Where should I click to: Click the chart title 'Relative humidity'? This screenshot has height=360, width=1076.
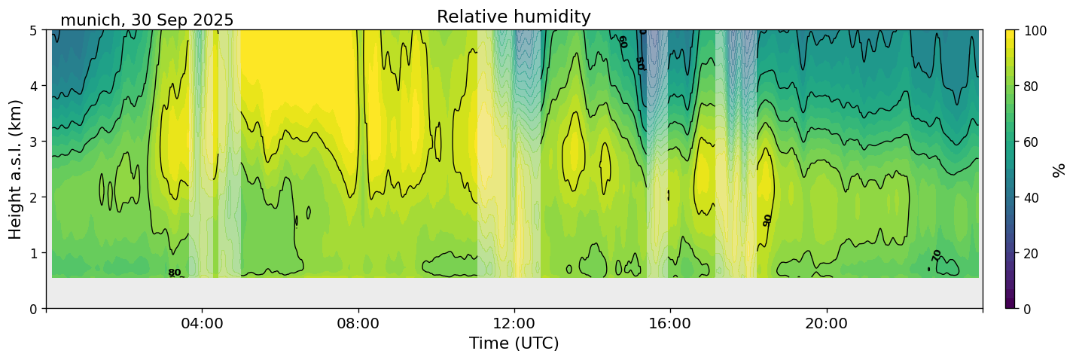click(514, 17)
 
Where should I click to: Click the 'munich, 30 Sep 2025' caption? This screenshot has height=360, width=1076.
click(147, 20)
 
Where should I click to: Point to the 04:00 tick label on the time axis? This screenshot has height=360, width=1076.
click(203, 324)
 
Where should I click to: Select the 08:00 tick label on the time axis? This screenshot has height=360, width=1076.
click(358, 324)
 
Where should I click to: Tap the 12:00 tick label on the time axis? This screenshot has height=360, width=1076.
click(514, 324)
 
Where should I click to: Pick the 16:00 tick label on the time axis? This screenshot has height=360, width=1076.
click(670, 324)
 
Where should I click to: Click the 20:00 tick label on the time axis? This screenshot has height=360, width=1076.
click(827, 324)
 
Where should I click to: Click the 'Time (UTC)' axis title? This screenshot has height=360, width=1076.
click(514, 343)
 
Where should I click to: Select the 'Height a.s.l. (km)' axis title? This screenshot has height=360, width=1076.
click(16, 169)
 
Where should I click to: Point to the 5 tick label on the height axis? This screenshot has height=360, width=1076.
click(33, 31)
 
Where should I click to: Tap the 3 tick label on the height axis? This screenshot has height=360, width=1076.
click(33, 142)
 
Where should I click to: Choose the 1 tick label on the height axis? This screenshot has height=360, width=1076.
click(33, 253)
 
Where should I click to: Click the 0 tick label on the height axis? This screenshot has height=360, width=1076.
click(33, 309)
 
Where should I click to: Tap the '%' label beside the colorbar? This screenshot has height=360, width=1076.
click(1059, 169)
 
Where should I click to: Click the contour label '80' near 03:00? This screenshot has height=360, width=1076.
click(174, 273)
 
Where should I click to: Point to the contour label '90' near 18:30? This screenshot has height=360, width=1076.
click(767, 220)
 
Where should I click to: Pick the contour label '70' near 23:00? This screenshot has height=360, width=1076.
click(937, 255)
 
